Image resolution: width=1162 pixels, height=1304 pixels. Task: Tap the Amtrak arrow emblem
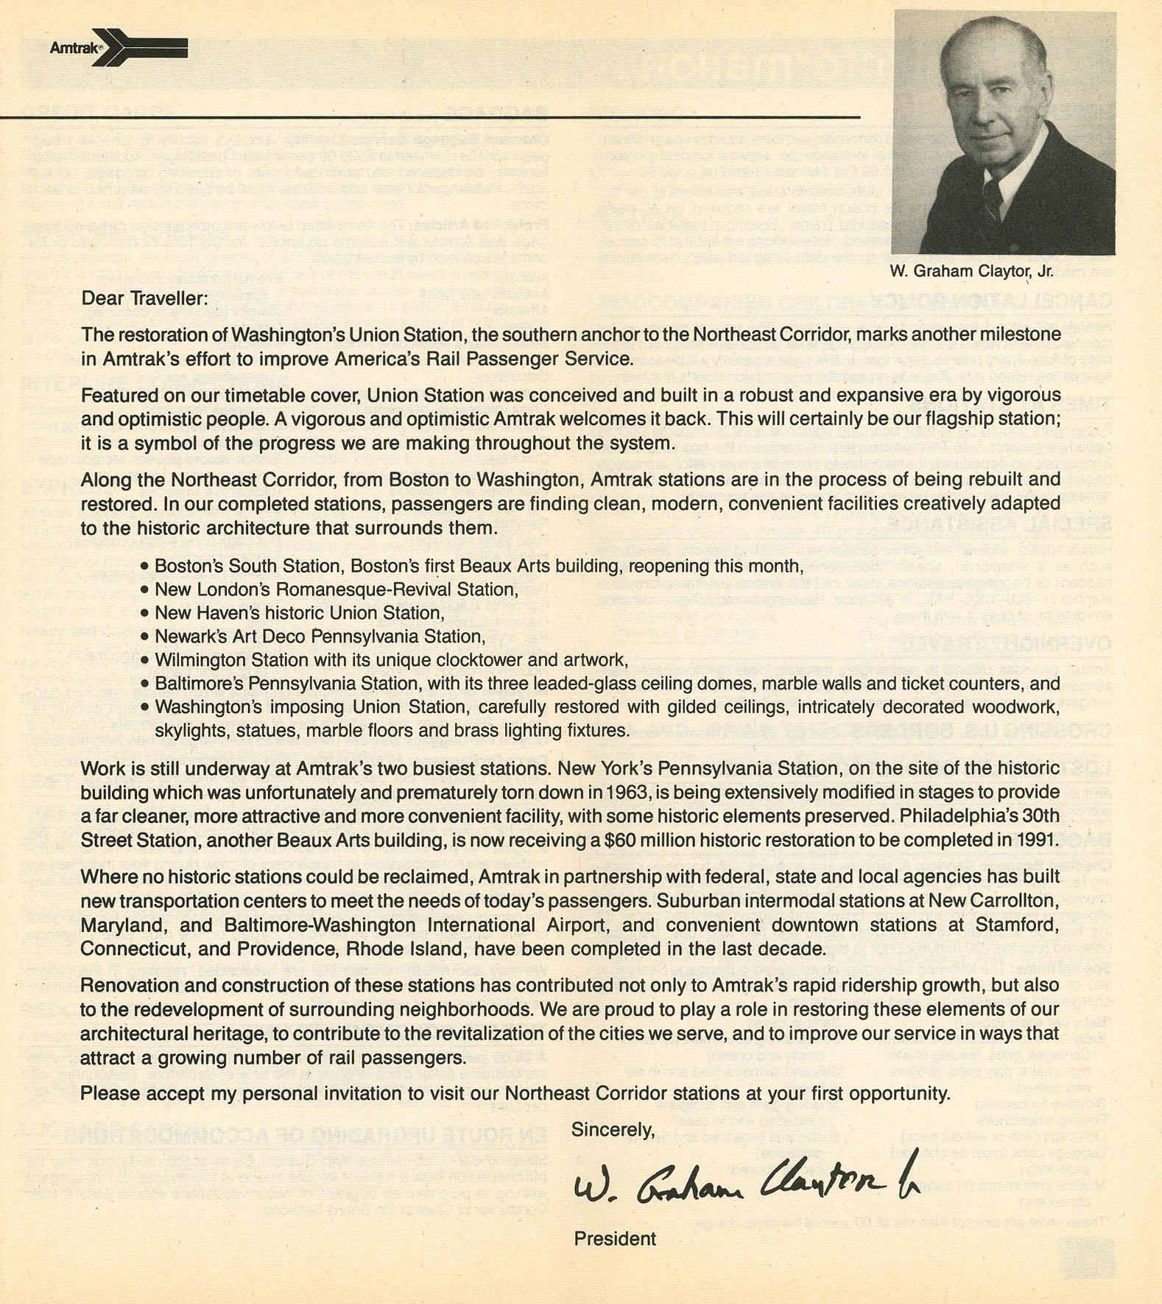click(x=140, y=48)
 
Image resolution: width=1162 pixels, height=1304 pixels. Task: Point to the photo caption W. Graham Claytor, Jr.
click(x=971, y=271)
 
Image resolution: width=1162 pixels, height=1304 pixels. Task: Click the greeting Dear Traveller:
click(x=144, y=298)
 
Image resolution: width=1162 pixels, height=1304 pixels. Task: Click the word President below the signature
click(x=615, y=1239)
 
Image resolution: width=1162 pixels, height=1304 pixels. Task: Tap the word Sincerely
click(x=613, y=1129)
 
